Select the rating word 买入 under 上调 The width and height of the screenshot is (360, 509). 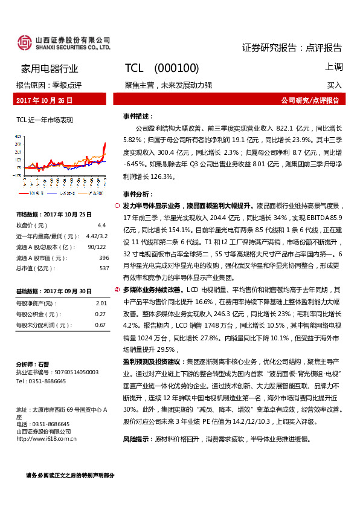coord(335,85)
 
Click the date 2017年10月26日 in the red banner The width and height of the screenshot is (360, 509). coord(44,100)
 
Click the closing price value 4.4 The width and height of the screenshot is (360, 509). coord(101,225)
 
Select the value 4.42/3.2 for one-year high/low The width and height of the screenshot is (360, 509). coord(97,236)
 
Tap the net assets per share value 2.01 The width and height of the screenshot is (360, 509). coord(101,303)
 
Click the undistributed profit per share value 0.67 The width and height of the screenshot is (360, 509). coord(101,325)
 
